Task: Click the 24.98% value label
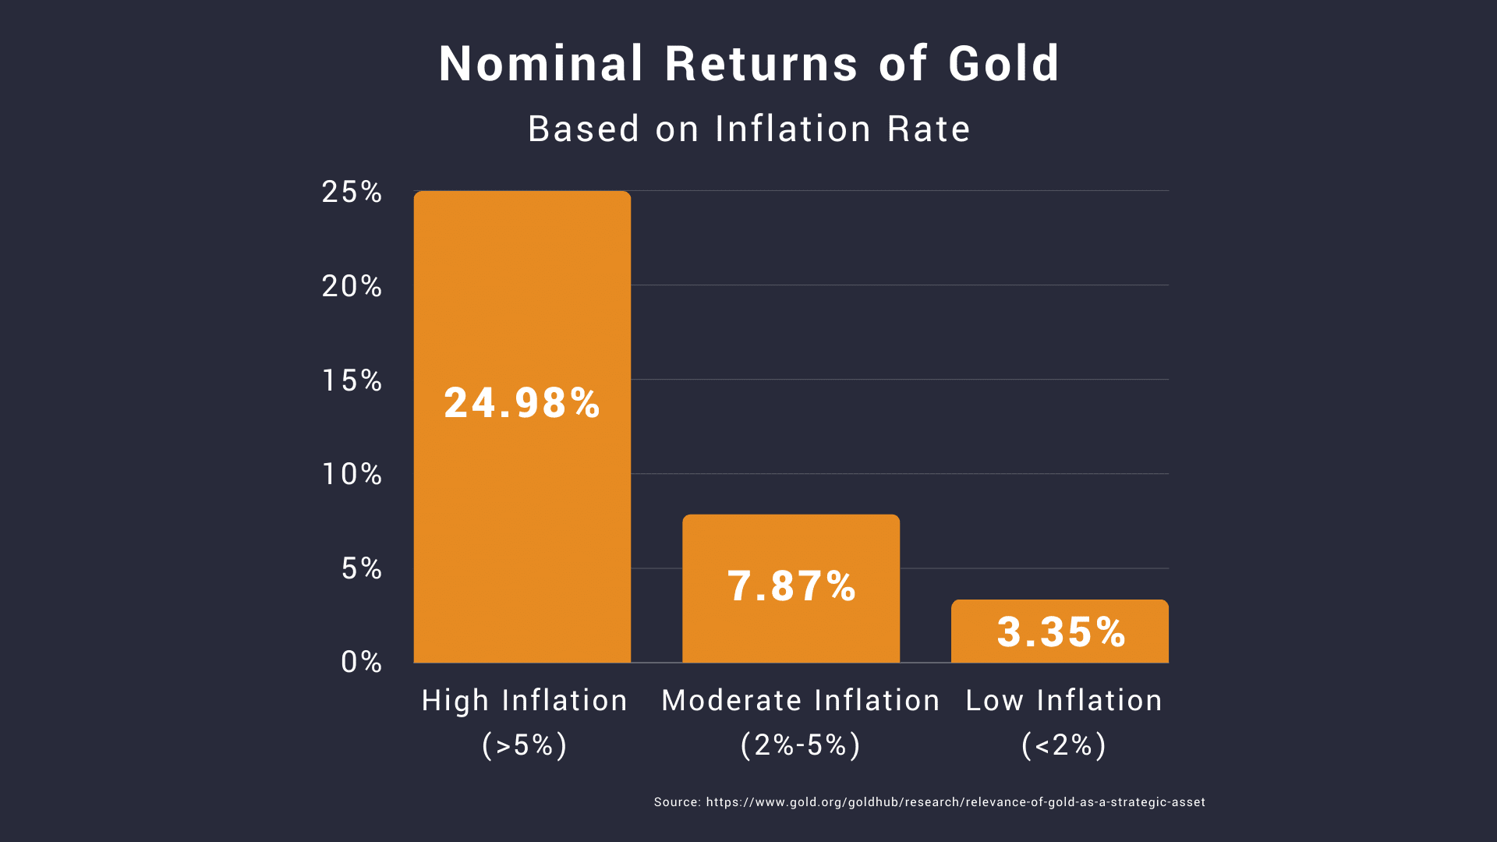tap(522, 403)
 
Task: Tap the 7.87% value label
tap(791, 586)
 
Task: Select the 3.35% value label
tap(1060, 632)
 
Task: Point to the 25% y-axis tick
tap(352, 193)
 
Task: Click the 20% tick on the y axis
tap(352, 287)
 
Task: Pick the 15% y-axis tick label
tap(352, 381)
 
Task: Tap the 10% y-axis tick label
tap(352, 475)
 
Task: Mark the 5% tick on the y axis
tap(361, 569)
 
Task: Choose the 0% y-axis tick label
tap(361, 663)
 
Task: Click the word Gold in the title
tap(1003, 64)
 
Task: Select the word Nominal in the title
tap(541, 64)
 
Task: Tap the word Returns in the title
tap(761, 64)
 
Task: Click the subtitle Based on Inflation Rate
tap(748, 129)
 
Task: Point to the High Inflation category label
tap(524, 701)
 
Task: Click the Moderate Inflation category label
tap(800, 701)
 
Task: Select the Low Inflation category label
tap(1063, 701)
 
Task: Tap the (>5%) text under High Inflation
tap(524, 745)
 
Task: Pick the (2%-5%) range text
tap(800, 745)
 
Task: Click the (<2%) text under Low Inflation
tap(1063, 745)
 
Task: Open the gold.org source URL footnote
tap(955, 802)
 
